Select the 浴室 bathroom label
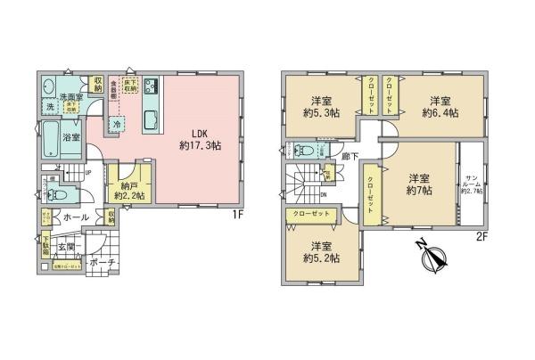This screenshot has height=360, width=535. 70,136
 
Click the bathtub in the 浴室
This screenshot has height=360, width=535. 50,139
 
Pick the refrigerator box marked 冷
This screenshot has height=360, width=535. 117,125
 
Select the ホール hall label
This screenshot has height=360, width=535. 73,216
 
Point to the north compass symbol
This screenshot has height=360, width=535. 434,258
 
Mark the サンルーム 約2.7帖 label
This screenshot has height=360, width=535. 470,184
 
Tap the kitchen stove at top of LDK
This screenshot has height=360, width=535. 149,86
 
